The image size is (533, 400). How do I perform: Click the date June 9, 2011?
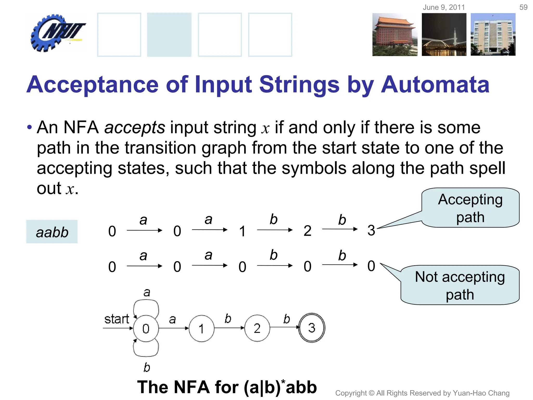tap(444, 7)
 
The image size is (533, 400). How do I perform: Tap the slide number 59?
tap(523, 7)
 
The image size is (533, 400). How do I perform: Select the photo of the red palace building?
tap(395, 35)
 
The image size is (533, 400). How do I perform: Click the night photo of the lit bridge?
tap(444, 35)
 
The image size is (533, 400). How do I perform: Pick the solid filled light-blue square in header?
tap(169, 35)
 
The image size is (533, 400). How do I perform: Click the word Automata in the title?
tap(435, 84)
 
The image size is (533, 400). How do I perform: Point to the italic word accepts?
tap(135, 128)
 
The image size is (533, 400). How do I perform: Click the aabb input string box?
tap(52, 232)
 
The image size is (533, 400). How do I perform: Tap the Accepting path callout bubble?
tap(470, 208)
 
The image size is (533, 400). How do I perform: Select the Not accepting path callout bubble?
tap(460, 285)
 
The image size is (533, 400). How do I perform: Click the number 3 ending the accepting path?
tap(371, 230)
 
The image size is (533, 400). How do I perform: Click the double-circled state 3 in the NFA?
tap(312, 328)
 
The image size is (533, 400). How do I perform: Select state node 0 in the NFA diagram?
tap(146, 329)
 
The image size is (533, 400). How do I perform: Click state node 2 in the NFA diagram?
tap(257, 328)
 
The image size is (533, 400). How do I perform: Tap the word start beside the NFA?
tap(117, 319)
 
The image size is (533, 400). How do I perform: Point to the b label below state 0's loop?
tap(147, 367)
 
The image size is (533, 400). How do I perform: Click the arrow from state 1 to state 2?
tap(229, 328)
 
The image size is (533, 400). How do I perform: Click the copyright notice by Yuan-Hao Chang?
tap(422, 393)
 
